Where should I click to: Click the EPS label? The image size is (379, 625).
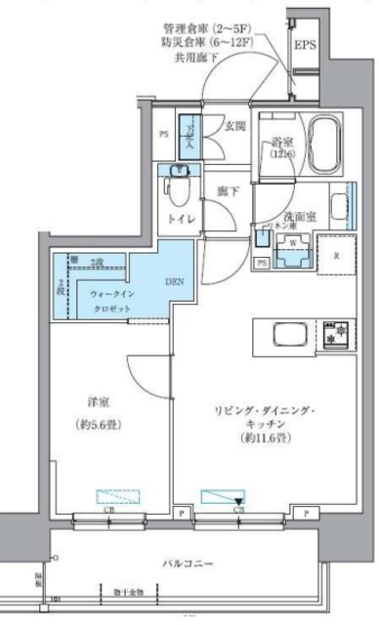tap(305, 45)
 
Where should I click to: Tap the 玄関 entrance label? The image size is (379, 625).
tap(234, 126)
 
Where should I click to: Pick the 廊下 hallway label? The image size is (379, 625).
tap(229, 190)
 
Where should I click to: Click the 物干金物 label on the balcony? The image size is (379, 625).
tap(128, 592)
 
